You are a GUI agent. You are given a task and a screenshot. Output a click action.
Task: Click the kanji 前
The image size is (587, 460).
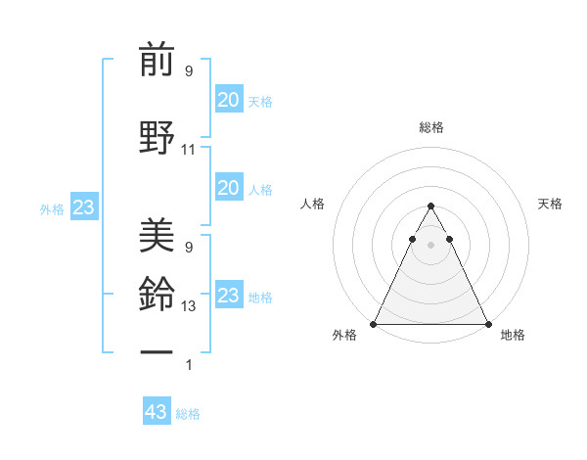(157, 62)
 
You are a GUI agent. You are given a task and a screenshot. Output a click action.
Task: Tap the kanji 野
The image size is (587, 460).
(157, 137)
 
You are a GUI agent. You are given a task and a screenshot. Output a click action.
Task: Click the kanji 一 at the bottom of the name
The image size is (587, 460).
(157, 349)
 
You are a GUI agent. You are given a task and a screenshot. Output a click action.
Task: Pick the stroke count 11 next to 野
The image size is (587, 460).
(189, 150)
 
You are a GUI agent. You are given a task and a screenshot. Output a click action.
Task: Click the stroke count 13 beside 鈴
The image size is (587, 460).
(189, 306)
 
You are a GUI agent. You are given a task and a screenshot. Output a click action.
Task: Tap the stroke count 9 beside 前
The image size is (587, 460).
(189, 71)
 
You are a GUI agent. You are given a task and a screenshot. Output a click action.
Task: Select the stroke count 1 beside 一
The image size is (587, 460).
(189, 365)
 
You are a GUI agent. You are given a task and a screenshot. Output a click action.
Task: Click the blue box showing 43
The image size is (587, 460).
(157, 412)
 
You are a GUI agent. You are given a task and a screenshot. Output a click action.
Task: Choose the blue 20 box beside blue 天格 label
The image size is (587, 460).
(229, 99)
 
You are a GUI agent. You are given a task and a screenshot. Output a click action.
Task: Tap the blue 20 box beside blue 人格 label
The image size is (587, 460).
(229, 188)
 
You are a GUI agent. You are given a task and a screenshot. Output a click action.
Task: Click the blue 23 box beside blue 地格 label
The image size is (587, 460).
(229, 296)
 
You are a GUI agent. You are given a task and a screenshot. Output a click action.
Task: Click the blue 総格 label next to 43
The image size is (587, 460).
(188, 414)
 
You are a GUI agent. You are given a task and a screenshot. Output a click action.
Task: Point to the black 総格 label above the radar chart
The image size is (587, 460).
(430, 127)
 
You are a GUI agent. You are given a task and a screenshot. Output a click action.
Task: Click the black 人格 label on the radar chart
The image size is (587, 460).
(313, 204)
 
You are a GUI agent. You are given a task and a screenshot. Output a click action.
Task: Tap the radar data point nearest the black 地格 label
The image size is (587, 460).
(487, 323)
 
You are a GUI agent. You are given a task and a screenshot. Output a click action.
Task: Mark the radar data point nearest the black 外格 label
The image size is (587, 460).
(374, 323)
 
